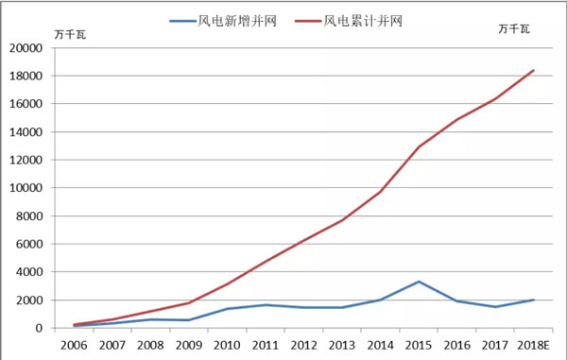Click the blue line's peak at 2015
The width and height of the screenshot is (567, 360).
click(x=419, y=282)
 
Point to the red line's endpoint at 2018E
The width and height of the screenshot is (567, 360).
click(x=533, y=70)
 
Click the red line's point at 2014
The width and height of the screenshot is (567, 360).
click(x=381, y=192)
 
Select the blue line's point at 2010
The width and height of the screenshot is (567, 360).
click(x=228, y=309)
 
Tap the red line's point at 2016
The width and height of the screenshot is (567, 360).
click(x=456, y=120)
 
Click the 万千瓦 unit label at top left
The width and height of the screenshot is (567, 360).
click(x=72, y=36)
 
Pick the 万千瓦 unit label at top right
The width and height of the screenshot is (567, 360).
click(x=514, y=29)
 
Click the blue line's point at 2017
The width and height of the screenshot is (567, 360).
click(x=495, y=307)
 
